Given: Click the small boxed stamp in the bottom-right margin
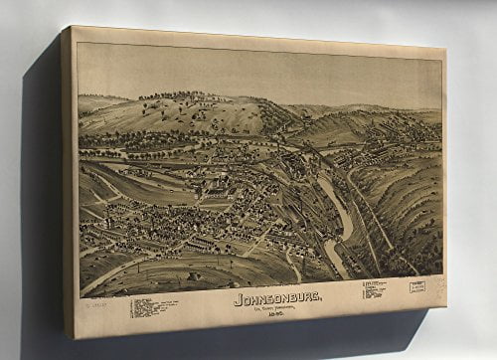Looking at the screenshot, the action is [x=417, y=286].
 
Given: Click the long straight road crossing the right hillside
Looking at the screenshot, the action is [x=383, y=224].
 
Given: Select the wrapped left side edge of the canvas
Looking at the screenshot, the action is [x=69, y=179].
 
